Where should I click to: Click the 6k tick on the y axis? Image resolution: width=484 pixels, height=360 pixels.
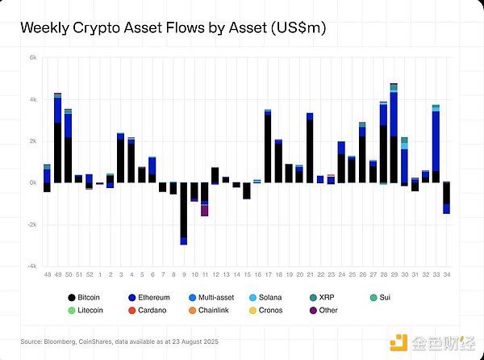(x=33, y=58)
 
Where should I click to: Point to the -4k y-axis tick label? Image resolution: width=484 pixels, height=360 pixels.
(x=32, y=266)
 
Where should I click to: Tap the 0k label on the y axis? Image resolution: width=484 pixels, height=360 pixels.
(x=33, y=183)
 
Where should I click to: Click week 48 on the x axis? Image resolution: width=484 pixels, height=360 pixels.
(x=47, y=274)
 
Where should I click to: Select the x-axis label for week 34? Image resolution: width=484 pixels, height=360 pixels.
(x=446, y=274)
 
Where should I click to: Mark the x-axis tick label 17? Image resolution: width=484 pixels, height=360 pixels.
(x=267, y=274)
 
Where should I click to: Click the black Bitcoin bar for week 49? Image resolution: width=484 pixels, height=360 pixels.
(x=57, y=153)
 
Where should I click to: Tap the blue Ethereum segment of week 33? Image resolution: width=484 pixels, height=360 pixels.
(x=436, y=141)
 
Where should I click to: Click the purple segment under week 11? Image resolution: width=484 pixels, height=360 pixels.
(x=205, y=211)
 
